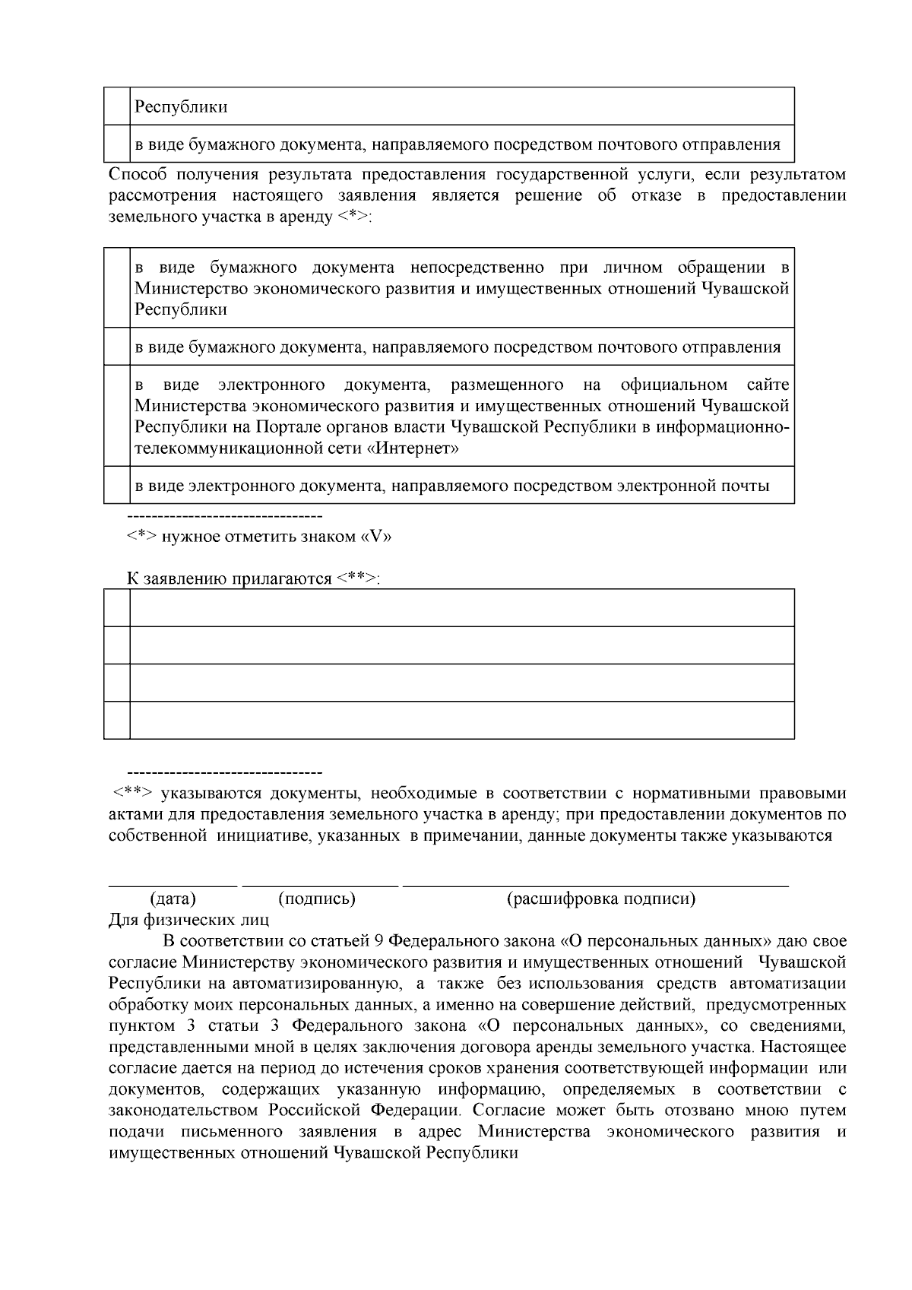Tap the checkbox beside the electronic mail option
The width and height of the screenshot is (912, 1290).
(116, 486)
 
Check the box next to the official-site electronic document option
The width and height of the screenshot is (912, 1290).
(116, 417)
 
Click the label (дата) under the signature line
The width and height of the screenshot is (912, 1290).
(173, 899)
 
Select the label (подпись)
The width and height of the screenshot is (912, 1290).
(318, 899)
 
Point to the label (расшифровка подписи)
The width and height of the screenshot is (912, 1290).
(600, 899)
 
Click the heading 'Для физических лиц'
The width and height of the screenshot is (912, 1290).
(188, 921)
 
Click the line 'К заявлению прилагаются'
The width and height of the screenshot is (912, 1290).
(252, 579)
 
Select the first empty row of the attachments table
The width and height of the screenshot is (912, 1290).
(461, 608)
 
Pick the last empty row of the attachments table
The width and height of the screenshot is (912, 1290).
(461, 721)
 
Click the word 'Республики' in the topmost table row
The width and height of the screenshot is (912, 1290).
(181, 107)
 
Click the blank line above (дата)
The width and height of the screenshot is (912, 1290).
(173, 883)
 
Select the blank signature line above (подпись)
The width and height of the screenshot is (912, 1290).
(319, 883)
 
